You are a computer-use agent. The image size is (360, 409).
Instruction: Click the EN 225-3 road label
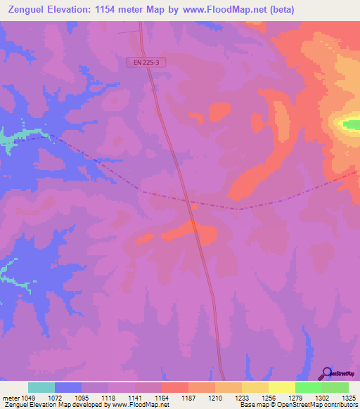[148, 63]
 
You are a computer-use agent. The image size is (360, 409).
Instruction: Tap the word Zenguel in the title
[26, 10]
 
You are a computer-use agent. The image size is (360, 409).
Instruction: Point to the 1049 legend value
[29, 397]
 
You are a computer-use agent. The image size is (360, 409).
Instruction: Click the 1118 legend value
[110, 397]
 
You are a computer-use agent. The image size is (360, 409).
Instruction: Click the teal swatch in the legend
[41, 387]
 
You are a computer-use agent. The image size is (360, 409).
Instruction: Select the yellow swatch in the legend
[282, 387]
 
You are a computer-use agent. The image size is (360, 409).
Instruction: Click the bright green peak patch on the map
[349, 125]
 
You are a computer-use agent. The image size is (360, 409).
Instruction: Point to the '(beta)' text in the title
[280, 10]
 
